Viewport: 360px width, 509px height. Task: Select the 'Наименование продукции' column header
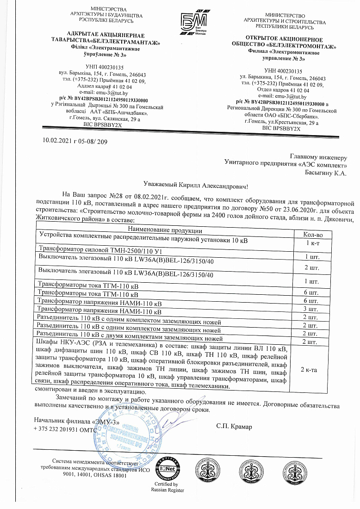164,230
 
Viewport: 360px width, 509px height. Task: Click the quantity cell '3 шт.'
311,308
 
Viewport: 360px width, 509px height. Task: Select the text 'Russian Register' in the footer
168,490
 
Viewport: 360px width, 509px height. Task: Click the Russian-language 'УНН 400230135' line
284,71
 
